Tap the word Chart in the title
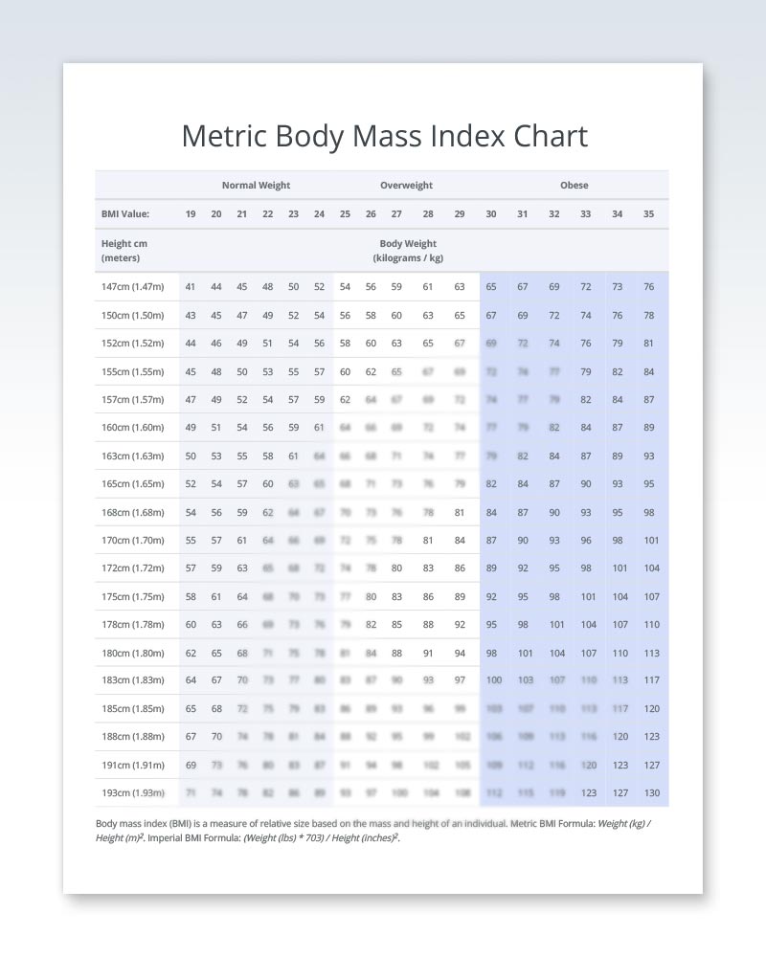(551, 136)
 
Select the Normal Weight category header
(256, 186)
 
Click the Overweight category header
(406, 186)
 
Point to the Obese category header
(574, 186)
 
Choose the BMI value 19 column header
(191, 214)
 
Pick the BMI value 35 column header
(648, 214)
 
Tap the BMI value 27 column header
(396, 214)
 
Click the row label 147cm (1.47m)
(132, 287)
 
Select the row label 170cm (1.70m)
(132, 541)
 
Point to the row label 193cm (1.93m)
(132, 793)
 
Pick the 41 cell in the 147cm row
(191, 287)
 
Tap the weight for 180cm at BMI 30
(491, 654)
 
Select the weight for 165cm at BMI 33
(585, 484)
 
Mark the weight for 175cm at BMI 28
(428, 597)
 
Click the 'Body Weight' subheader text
(408, 244)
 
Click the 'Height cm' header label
(124, 244)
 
